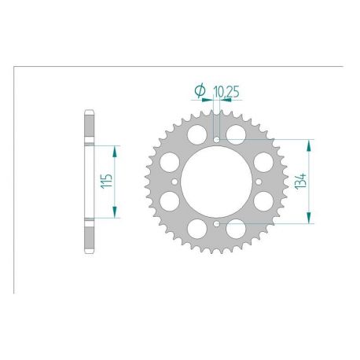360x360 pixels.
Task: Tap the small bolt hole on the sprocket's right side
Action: click(258, 183)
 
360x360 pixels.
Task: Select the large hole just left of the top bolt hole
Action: click(196, 133)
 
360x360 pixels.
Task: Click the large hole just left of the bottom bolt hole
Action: click(196, 233)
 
